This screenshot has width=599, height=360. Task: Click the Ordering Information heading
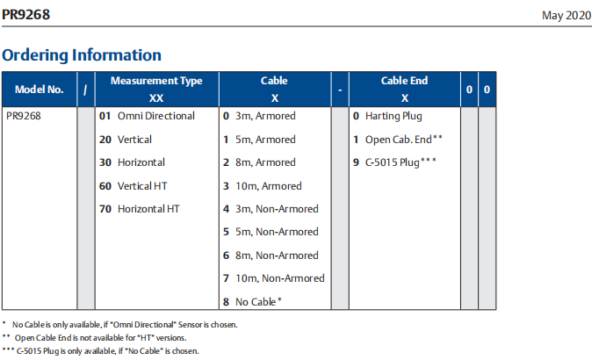[82, 55]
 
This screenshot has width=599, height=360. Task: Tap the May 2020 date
[567, 15]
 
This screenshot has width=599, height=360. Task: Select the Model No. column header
[39, 90]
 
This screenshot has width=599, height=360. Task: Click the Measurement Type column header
[156, 81]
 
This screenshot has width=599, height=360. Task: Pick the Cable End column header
[404, 81]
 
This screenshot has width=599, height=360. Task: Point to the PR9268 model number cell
[24, 116]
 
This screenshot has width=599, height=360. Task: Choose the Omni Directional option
[155, 116]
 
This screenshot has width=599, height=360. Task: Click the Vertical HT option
[142, 186]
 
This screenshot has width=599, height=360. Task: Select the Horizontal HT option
[148, 209]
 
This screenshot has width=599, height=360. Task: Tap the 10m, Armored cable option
[269, 186]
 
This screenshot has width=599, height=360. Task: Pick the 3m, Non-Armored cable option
[277, 209]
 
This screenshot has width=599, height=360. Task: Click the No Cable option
[258, 301]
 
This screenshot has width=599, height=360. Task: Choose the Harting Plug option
[393, 116]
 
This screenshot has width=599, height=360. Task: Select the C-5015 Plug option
[401, 162]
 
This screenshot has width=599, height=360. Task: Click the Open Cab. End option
[403, 140]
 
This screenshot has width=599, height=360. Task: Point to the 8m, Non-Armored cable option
[277, 255]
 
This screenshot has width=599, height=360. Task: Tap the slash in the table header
[85, 90]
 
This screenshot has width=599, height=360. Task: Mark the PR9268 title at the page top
[26, 15]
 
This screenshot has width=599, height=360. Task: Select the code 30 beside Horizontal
[105, 162]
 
